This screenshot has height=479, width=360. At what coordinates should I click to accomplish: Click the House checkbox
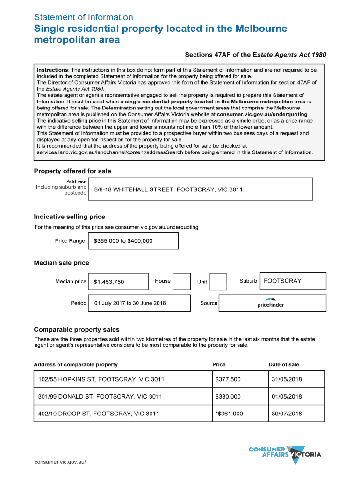[x=182, y=281]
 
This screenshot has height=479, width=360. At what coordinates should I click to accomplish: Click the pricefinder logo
[x=271, y=303]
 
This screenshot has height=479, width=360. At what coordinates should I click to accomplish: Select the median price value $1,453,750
[x=109, y=282]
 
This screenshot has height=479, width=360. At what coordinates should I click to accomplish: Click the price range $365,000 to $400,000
[x=123, y=241]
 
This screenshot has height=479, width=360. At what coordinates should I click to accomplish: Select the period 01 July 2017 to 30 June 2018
[x=130, y=303]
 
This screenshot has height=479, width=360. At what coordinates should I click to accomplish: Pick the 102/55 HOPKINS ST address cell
[x=101, y=379]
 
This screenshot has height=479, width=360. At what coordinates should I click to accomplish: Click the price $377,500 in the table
[x=228, y=379]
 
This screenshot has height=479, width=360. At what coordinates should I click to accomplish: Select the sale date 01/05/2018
[x=287, y=397]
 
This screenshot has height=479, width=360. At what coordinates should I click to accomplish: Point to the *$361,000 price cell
[x=229, y=414]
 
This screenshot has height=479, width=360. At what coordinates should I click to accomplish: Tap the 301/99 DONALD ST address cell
[x=100, y=397]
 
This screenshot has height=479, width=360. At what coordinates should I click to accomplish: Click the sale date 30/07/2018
[x=287, y=414]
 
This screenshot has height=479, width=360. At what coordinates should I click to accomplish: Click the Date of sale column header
[x=284, y=364]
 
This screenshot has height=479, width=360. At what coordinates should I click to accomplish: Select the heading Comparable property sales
[x=77, y=329]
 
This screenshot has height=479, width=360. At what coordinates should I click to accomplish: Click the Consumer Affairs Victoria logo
[x=285, y=454]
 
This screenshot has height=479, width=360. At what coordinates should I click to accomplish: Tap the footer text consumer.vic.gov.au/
[x=60, y=462]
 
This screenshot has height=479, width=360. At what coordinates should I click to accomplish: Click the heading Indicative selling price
[x=70, y=217]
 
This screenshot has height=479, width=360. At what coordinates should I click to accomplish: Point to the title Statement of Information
[x=84, y=17]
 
